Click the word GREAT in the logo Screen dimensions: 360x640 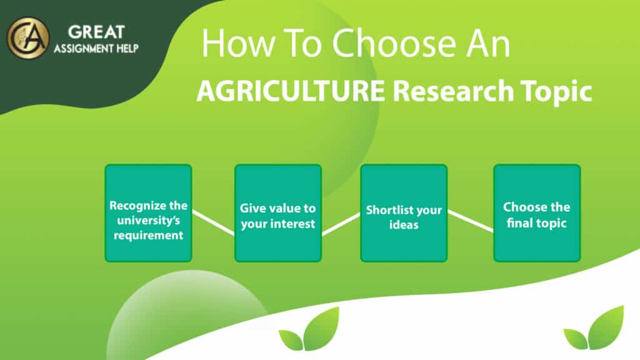(96, 31)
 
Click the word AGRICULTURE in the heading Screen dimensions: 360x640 (290, 92)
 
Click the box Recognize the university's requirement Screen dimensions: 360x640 (148, 213)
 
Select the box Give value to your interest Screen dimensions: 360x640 (277, 213)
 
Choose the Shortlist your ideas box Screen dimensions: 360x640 (404, 213)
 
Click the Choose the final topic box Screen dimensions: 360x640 (537, 213)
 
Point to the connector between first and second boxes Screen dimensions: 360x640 (213, 222)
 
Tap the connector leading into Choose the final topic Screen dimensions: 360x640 (471, 221)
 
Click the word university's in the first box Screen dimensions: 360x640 (148, 220)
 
